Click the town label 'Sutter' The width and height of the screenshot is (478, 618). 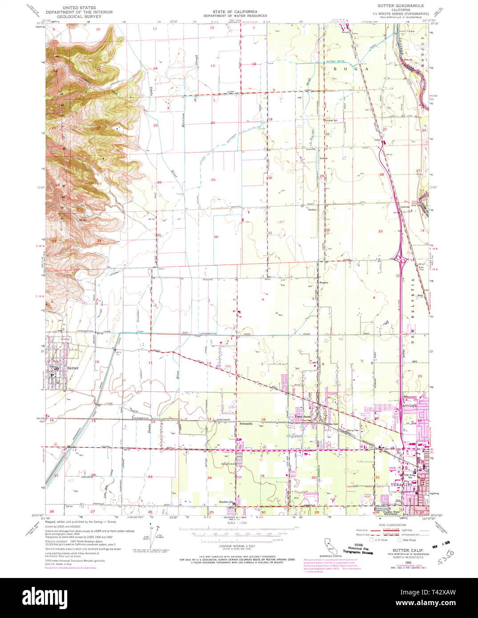[73, 368]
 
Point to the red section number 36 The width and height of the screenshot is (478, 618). [216, 237]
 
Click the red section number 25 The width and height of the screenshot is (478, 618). [213, 180]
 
